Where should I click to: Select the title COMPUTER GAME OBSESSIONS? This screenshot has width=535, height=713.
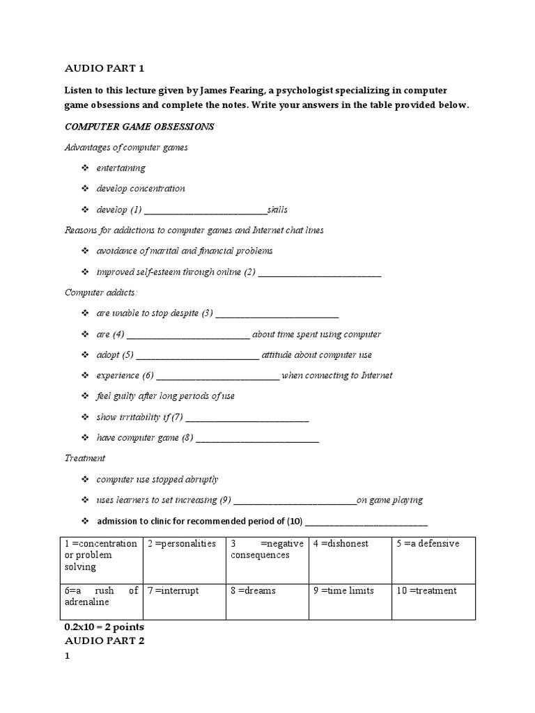[x=139, y=127]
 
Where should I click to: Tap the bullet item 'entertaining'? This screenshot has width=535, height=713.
[x=121, y=168]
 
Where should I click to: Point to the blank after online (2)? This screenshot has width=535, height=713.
[x=320, y=272]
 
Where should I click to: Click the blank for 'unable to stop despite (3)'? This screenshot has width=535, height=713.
[x=277, y=313]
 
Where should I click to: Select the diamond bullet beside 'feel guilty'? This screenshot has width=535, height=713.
[x=85, y=396]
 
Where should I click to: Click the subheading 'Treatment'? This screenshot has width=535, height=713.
[x=85, y=458]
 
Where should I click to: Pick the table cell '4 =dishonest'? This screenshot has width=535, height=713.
[x=341, y=544]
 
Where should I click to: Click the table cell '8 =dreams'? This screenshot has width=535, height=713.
[x=253, y=590]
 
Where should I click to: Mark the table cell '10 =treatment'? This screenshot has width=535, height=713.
[x=426, y=590]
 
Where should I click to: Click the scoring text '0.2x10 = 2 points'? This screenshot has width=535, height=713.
[x=104, y=627]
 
